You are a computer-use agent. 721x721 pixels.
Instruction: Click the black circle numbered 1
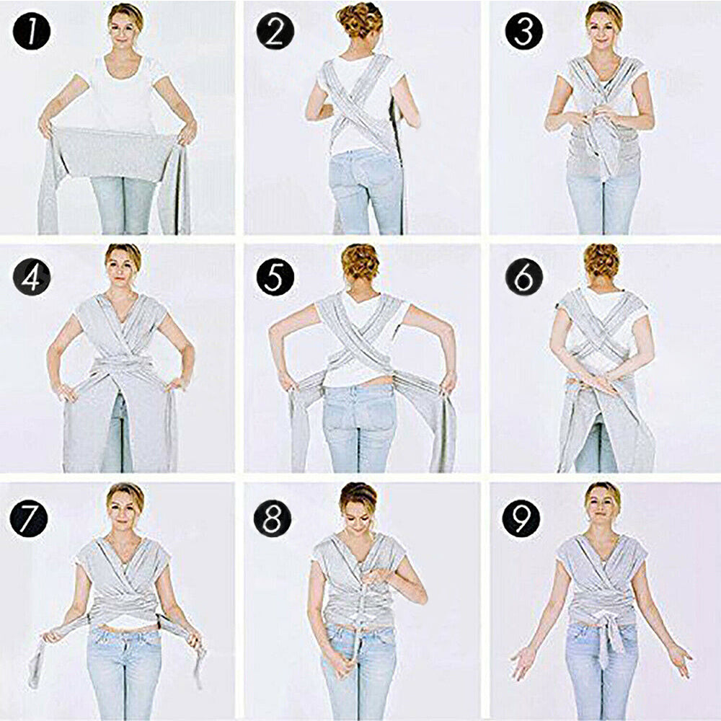click(x=31, y=31)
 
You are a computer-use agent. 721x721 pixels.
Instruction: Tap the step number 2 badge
click(x=275, y=31)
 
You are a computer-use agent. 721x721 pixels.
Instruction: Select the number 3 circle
click(x=523, y=31)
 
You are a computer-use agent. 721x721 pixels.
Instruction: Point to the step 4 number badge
click(x=31, y=276)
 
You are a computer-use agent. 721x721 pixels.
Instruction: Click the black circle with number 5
click(x=275, y=276)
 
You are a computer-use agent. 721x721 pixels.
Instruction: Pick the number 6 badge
click(x=523, y=276)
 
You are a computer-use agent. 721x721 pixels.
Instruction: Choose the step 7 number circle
click(x=29, y=518)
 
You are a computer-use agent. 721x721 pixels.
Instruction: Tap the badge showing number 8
click(x=273, y=518)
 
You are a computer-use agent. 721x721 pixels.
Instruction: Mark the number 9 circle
click(x=521, y=518)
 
